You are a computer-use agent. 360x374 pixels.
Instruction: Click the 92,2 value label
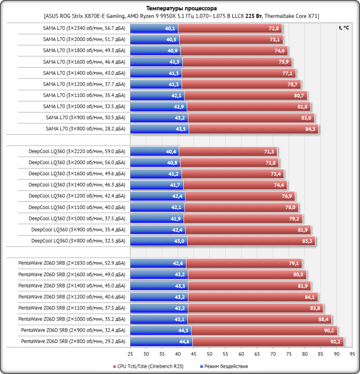[x=336, y=342]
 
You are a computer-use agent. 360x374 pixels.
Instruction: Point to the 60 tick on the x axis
[x=241, y=354]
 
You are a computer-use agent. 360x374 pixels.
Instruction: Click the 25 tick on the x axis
[x=130, y=354]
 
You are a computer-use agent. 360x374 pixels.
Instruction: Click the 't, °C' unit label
[x=344, y=27]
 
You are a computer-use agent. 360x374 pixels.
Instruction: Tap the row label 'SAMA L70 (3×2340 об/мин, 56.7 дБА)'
[x=84, y=28]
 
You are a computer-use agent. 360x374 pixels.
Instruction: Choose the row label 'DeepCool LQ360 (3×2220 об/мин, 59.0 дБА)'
[x=77, y=151]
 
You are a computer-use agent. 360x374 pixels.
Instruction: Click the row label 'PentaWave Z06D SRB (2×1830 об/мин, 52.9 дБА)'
[x=72, y=263]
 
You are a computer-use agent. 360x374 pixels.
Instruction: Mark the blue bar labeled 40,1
[x=154, y=28]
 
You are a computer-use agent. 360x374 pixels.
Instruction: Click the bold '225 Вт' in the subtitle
[x=254, y=16]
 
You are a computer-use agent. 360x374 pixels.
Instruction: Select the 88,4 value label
[x=324, y=319]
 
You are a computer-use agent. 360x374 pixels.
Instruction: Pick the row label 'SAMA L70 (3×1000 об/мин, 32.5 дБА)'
[x=84, y=107]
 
